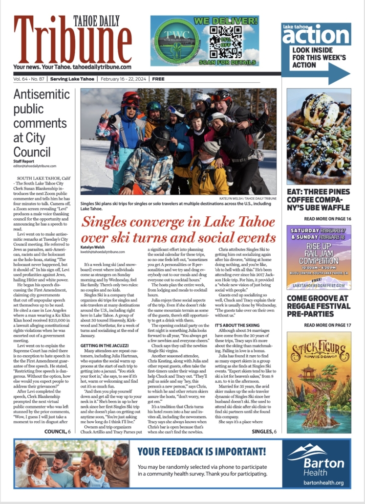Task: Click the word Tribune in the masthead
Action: (x=65, y=44)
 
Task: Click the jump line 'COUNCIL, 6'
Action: (x=57, y=432)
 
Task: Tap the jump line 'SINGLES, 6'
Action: (x=264, y=432)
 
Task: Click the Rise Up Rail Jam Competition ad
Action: (x=319, y=257)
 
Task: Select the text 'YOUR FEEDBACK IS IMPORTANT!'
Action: (x=202, y=451)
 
